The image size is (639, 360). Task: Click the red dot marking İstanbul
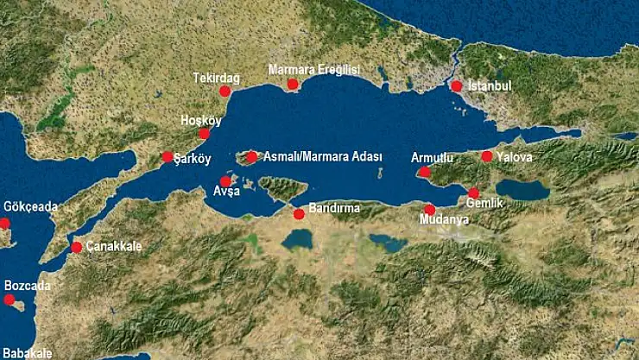click(x=457, y=85)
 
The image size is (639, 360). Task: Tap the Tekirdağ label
click(x=217, y=78)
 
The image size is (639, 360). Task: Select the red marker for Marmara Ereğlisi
click(x=293, y=84)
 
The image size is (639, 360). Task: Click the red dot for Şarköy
click(x=167, y=156)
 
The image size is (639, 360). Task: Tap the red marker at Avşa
click(x=226, y=180)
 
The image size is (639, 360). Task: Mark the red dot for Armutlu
click(x=424, y=172)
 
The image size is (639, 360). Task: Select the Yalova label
click(x=515, y=157)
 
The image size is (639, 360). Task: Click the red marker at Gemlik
click(x=473, y=193)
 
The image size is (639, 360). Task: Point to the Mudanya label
click(x=444, y=220)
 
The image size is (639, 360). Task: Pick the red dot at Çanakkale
click(x=77, y=247)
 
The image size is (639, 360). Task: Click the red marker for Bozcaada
click(x=9, y=300)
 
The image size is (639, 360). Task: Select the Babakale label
click(x=28, y=352)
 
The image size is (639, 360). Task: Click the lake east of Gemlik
click(x=522, y=190)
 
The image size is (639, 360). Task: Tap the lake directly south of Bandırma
click(x=297, y=238)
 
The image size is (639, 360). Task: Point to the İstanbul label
click(x=490, y=86)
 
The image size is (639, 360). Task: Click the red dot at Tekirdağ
click(x=225, y=91)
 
